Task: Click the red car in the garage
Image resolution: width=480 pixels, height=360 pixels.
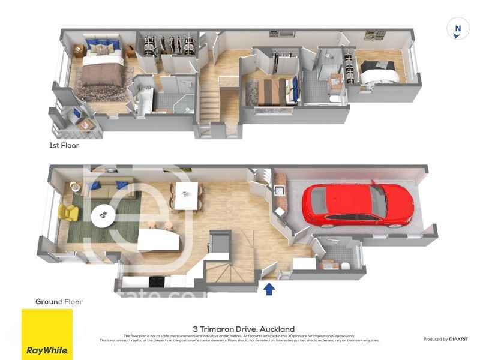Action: pos(358,205)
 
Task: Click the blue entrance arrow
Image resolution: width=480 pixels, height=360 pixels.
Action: pos(269,289)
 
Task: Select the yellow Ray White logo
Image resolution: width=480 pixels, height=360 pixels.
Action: pos(47,334)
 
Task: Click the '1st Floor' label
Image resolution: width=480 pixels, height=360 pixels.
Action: pos(64,145)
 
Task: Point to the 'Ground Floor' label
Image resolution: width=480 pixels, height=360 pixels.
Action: pos(59,301)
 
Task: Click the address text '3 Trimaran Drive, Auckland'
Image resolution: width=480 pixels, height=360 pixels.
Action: pos(244,329)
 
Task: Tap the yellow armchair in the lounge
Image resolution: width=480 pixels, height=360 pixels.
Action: pos(68,212)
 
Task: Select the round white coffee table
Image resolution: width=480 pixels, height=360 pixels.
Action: pos(104,214)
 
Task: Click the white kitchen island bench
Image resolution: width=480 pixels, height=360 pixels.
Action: pos(158,241)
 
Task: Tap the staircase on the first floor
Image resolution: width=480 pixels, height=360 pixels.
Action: pos(210,102)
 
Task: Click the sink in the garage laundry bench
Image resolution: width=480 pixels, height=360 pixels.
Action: pos(279,193)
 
